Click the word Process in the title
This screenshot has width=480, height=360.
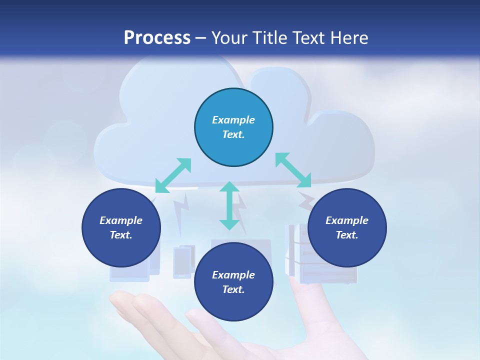click(157, 38)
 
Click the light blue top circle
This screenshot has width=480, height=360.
click(233, 127)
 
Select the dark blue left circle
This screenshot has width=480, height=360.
click(121, 227)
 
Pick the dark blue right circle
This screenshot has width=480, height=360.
click(347, 227)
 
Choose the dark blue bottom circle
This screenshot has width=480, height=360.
click(233, 281)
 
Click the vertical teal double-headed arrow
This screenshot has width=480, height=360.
click(229, 205)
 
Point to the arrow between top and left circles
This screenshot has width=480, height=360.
click(173, 175)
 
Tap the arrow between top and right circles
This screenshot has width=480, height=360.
click(293, 170)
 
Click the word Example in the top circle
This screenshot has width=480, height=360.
click(233, 120)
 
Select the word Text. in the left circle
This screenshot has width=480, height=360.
click(121, 235)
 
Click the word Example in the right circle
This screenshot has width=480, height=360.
click(347, 220)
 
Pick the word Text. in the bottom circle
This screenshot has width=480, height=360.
click(233, 289)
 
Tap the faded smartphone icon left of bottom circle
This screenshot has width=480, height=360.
click(183, 261)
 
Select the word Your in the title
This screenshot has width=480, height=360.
click(228, 38)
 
